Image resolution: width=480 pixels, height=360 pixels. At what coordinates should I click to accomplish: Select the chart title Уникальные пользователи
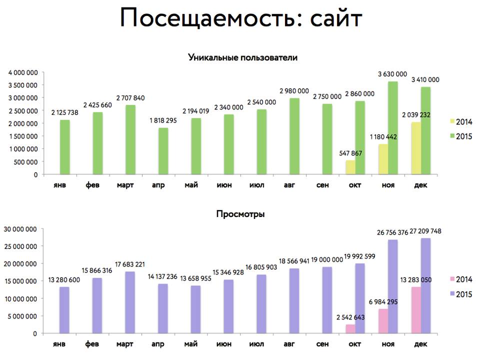click(x=242, y=57)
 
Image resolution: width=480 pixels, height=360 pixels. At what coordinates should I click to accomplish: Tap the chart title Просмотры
click(x=240, y=214)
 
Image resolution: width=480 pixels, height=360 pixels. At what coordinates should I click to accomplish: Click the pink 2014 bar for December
click(x=416, y=310)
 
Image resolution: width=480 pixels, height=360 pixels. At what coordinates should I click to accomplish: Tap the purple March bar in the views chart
click(x=129, y=302)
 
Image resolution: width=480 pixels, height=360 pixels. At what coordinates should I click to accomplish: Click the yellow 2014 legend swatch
click(x=452, y=121)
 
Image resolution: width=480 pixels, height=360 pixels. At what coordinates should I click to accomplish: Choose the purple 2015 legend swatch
click(x=451, y=293)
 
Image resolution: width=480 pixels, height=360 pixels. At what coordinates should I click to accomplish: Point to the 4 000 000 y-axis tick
click(x=23, y=72)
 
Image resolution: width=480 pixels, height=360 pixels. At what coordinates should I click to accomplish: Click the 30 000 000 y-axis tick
click(x=20, y=229)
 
